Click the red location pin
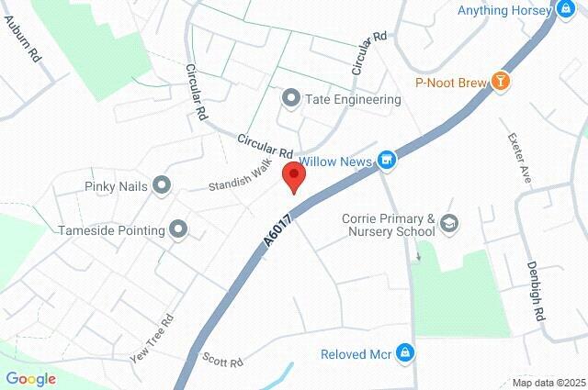tap(293, 175)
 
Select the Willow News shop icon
tap(388, 161)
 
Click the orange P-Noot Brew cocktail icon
tap(500, 82)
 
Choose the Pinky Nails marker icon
tap(163, 186)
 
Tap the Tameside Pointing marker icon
tap(178, 229)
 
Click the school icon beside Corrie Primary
tap(449, 222)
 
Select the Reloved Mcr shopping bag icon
tap(405, 354)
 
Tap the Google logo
tap(30, 379)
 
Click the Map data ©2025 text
tap(548, 383)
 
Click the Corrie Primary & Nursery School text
tap(388, 225)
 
